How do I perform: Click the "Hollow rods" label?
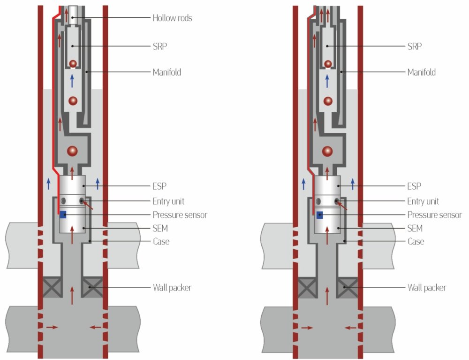click(172, 18)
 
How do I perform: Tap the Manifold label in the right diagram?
click(422, 72)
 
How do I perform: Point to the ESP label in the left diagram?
click(159, 186)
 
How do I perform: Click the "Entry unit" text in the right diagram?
click(423, 201)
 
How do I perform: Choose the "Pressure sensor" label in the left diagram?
click(180, 215)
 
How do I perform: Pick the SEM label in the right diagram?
click(415, 229)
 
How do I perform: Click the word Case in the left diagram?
click(161, 241)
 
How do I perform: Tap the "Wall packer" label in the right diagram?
click(426, 287)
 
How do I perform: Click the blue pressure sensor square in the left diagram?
click(63, 215)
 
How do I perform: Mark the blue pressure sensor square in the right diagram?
click(319, 215)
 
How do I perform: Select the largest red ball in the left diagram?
click(72, 151)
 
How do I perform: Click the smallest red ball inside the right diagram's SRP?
click(328, 63)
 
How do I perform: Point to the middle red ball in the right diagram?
click(328, 100)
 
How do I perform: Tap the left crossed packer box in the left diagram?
click(52, 287)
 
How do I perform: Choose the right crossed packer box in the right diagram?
click(348, 287)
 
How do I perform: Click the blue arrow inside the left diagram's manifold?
click(72, 80)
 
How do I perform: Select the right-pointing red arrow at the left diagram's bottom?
click(52, 327)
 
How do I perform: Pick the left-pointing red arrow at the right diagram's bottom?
click(350, 328)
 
